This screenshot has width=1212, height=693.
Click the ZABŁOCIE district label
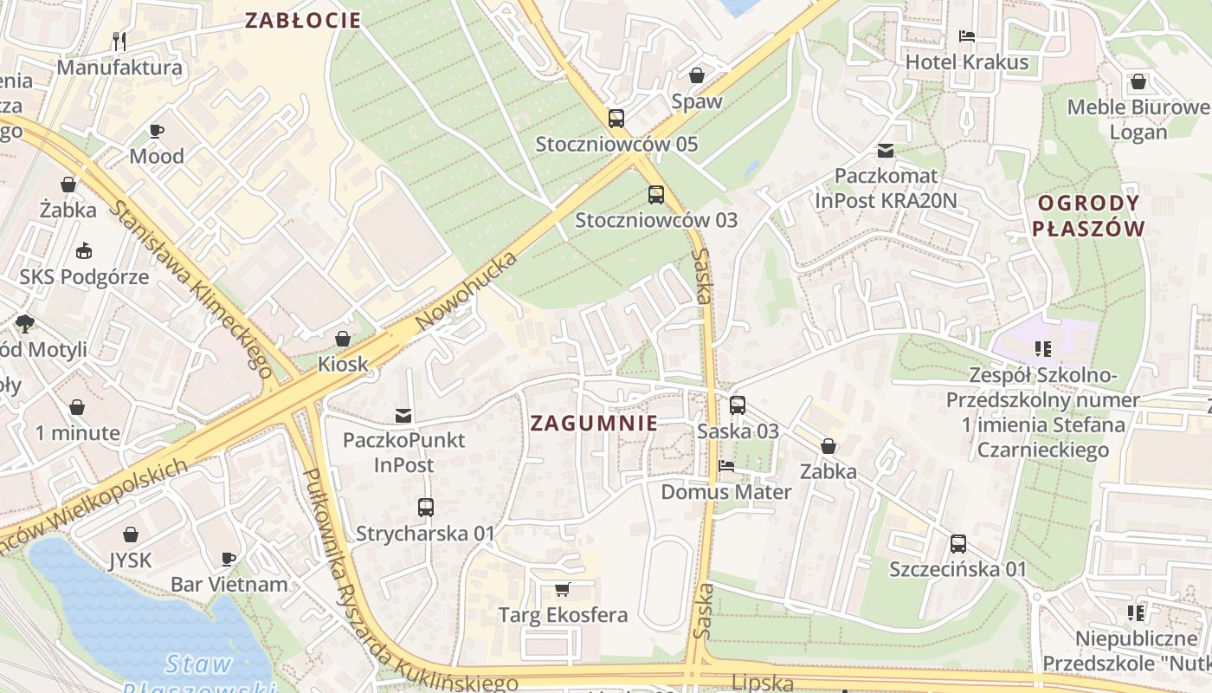tap(302, 21)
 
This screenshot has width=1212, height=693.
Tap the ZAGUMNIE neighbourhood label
tap(593, 424)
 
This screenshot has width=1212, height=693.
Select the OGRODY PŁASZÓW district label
tap(1089, 217)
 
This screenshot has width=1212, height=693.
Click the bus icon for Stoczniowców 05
tap(616, 119)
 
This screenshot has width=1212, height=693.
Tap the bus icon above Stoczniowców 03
tap(656, 195)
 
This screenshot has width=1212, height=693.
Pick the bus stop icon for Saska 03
tap(738, 405)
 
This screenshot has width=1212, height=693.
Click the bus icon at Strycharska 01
tap(425, 508)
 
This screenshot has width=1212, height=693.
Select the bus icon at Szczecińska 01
tap(957, 544)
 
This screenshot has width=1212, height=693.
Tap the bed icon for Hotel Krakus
tap(967, 36)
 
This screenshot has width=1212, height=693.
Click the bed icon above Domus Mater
tap(726, 466)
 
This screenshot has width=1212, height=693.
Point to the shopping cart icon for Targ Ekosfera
tap(563, 590)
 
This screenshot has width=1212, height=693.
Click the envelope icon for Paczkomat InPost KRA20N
tap(886, 151)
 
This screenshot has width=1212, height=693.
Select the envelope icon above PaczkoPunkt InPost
tap(403, 415)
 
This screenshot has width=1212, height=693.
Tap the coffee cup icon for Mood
tap(157, 131)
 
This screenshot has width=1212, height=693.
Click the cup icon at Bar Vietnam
tap(229, 559)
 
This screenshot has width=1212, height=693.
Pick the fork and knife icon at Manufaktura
tap(120, 41)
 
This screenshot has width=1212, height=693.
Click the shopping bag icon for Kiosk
tap(343, 338)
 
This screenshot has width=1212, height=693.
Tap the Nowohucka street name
tap(466, 291)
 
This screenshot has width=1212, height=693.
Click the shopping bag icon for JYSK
tap(131, 534)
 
